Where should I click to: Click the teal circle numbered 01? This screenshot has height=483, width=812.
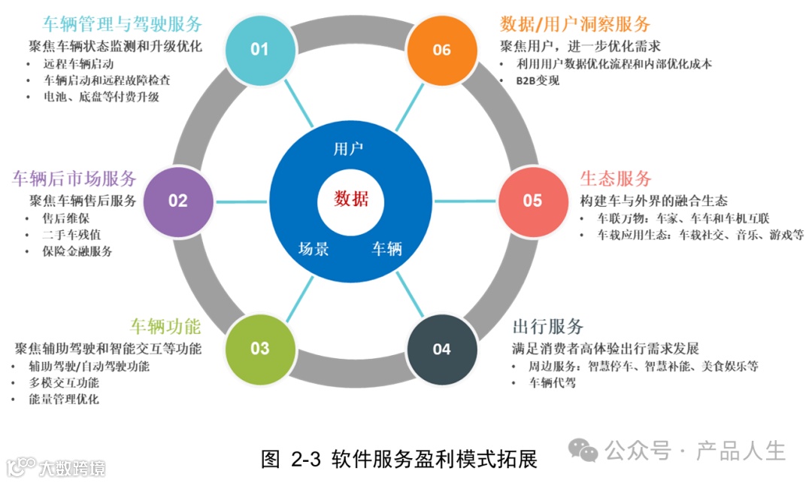point(259,50)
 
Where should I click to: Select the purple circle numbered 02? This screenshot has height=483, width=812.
point(177,201)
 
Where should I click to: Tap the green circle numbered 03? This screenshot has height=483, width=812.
point(259,348)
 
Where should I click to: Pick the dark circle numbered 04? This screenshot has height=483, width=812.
point(441,349)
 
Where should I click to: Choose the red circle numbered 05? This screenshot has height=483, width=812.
point(532,201)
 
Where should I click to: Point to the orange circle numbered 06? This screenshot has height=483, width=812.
point(441,50)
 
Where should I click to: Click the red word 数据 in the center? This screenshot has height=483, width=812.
point(351,199)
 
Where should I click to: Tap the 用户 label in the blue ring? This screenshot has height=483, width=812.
point(348,148)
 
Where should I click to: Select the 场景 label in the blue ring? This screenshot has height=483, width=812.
point(314,249)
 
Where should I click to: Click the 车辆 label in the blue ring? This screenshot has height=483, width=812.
point(387,249)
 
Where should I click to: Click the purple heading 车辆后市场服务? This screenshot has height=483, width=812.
point(74,179)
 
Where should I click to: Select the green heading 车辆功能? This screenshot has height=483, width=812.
point(165,327)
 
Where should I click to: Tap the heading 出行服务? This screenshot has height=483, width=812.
point(548,327)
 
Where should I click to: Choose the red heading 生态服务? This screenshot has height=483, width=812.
point(615,179)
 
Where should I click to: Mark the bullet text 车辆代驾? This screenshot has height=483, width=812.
point(553,383)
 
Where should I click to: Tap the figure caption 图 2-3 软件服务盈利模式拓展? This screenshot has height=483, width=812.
point(399,459)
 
